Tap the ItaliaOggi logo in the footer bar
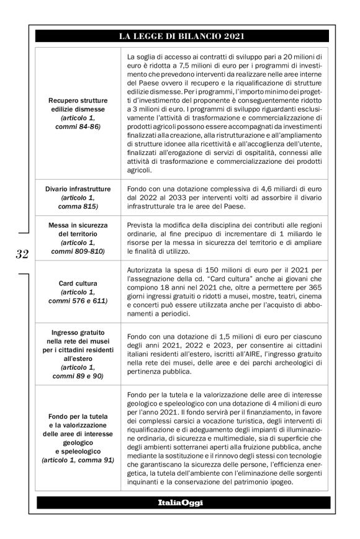coord(181,501)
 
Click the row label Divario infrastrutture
coord(78,189)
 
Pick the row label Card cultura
coord(78,283)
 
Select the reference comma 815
coord(78,206)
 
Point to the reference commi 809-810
coord(78,252)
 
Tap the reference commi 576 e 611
coord(78,301)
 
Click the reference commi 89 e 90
coord(78,376)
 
